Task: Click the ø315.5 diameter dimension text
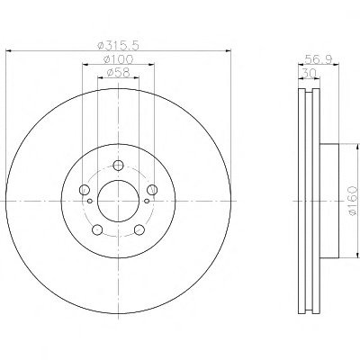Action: pyautogui.click(x=119, y=46)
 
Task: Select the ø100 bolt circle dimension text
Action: pyautogui.click(x=118, y=59)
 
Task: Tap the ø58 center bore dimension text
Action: pyautogui.click(x=118, y=73)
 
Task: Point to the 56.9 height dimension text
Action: pyautogui.click(x=319, y=59)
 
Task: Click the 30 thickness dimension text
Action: pyautogui.click(x=309, y=73)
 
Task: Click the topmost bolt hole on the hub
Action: pyautogui.click(x=119, y=165)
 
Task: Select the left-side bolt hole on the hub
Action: pyautogui.click(x=84, y=190)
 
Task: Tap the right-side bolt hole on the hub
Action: pyautogui.click(x=152, y=190)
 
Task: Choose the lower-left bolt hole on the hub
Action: pyautogui.click(x=97, y=230)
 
